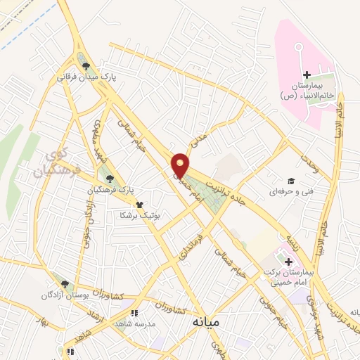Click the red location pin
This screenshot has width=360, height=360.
coord(181,165)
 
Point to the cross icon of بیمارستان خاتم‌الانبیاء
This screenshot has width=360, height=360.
coord(306,75)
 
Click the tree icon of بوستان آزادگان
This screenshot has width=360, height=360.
coord(65,284)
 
